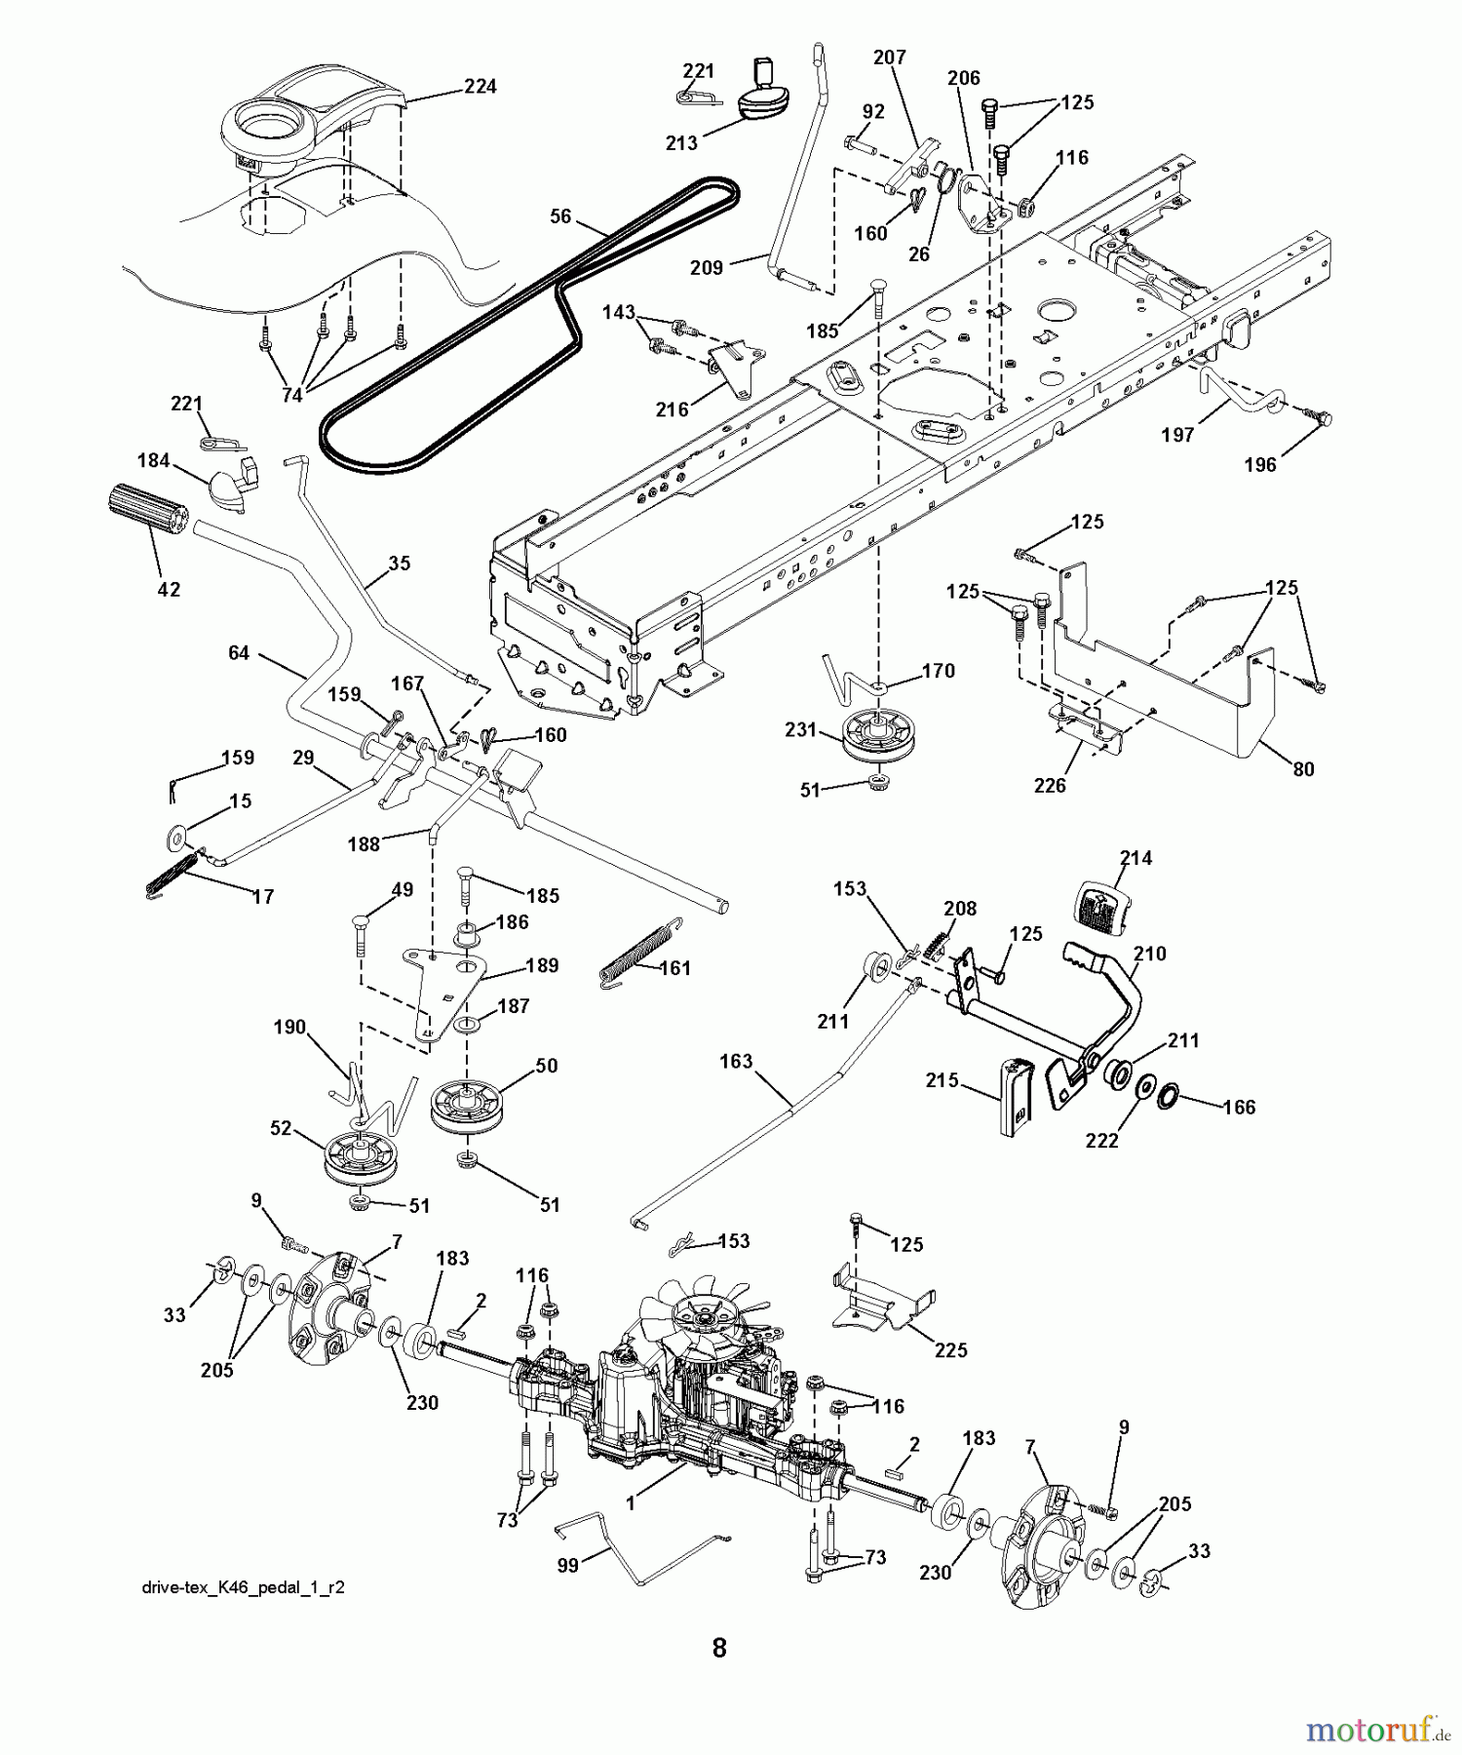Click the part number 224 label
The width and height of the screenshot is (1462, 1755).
click(480, 87)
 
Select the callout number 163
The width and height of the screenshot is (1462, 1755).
click(736, 1061)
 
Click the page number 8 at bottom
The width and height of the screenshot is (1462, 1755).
click(718, 1649)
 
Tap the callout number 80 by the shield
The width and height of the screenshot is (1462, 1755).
click(1303, 768)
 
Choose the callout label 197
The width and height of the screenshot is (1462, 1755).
click(1177, 436)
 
